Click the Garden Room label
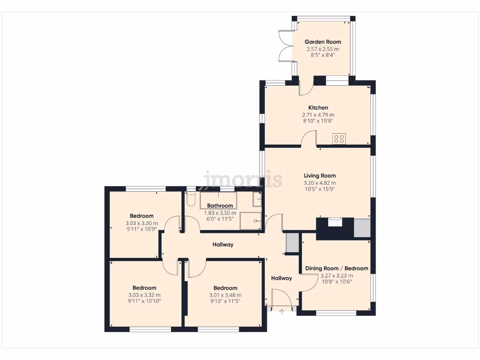[x=323, y=42]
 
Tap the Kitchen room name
[x=318, y=108]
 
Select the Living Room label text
[x=320, y=176]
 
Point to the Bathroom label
[x=220, y=206]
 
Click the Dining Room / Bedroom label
[x=337, y=269]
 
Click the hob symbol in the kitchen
[x=339, y=139]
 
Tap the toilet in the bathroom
[x=190, y=200]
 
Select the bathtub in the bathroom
[x=218, y=200]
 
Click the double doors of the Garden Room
[x=285, y=46]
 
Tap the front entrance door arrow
[x=281, y=311]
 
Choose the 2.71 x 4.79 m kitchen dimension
[x=318, y=115]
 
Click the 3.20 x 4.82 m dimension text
[x=320, y=183]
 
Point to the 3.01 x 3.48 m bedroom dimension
[x=225, y=295]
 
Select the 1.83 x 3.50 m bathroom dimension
[x=220, y=213]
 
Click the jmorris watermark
[x=242, y=179]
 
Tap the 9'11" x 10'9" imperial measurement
[x=142, y=230]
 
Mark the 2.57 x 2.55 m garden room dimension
[x=323, y=49]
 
